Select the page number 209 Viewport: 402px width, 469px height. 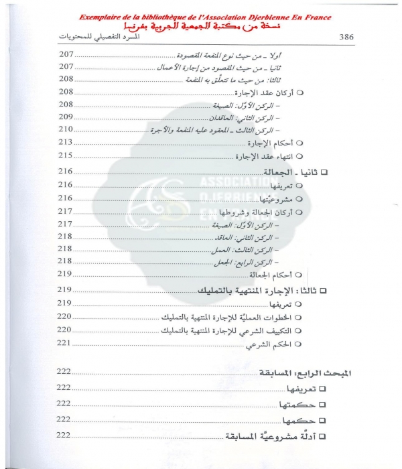pos(65,117)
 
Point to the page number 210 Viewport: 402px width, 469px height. pos(65,129)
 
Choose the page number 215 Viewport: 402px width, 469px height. pos(65,155)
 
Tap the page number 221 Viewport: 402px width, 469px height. pos(65,343)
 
